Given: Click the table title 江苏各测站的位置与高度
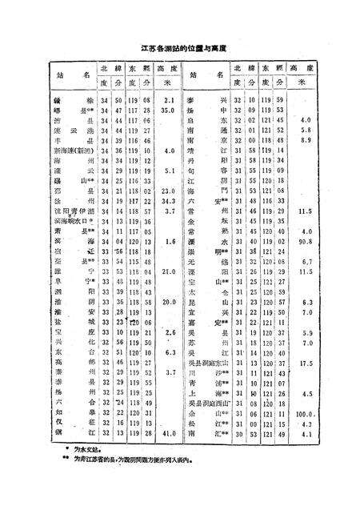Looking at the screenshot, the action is pyautogui.click(x=179, y=48).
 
